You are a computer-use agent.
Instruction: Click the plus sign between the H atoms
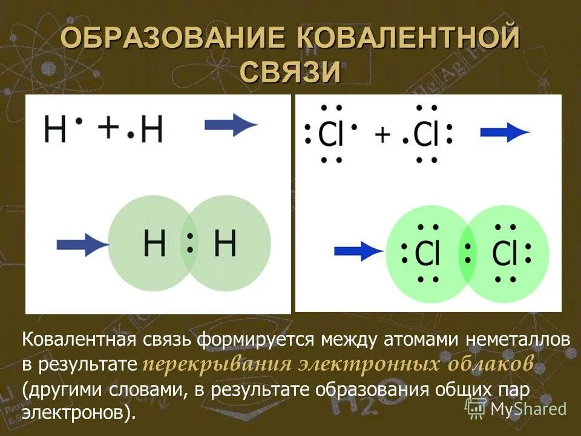coord(109,128)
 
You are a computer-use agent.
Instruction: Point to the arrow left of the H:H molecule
coord(82,245)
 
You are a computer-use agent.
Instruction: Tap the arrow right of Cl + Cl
coord(505,133)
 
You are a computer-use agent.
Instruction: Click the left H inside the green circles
coord(155,243)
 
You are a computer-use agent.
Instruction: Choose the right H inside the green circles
coord(225,243)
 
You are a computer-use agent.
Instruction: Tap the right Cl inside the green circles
coord(505,254)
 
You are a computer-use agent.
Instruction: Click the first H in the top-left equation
coord(55,130)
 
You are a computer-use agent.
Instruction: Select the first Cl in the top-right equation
coord(330,134)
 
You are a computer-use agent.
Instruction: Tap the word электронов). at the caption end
coord(76,412)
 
